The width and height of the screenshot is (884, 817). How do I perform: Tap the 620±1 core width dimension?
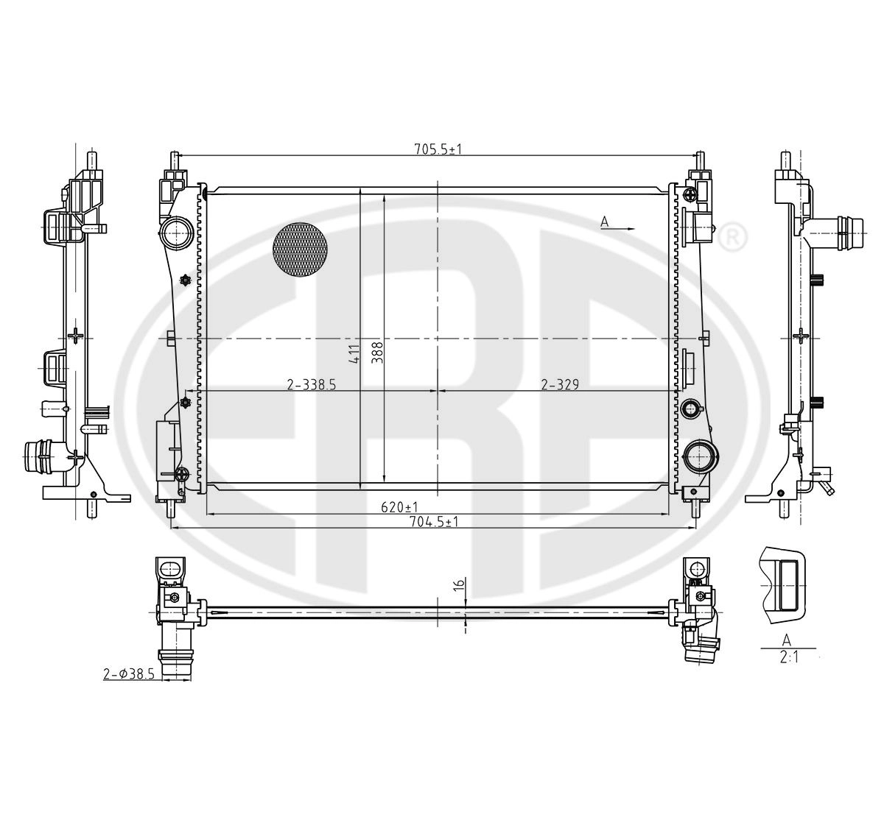[400, 507]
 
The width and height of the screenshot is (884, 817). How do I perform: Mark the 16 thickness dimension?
[458, 585]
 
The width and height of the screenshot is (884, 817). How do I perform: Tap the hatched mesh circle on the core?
[300, 250]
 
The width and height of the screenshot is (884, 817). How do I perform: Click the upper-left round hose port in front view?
[177, 234]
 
